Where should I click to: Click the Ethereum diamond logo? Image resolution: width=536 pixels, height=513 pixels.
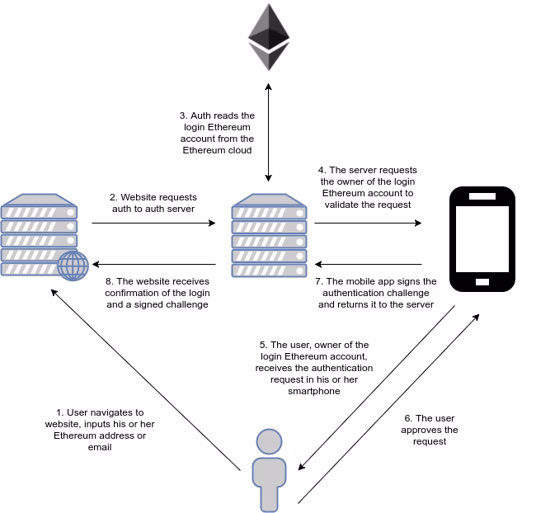pos(268,38)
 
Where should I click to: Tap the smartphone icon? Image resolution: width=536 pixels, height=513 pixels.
pos(483,238)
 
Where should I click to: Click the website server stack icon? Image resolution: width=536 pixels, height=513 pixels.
pos(40,235)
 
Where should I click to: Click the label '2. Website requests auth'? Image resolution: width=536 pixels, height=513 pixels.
pos(153,204)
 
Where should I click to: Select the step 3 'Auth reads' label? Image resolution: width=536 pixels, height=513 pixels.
pos(218,134)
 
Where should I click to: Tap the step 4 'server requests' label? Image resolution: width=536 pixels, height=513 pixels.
pos(367,187)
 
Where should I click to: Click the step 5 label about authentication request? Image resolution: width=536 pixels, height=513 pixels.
pos(313,368)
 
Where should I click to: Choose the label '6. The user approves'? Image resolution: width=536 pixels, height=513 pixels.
pos(430,430)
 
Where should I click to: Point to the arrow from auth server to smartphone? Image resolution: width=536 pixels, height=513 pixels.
pos(368,223)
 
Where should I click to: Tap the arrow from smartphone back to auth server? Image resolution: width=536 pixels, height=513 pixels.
pos(368,266)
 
